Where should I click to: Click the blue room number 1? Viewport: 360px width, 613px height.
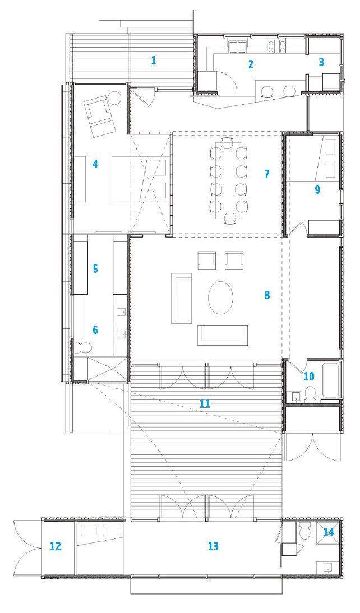click(154, 60)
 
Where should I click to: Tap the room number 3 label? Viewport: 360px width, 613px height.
click(321, 62)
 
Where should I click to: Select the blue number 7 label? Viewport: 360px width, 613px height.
click(267, 174)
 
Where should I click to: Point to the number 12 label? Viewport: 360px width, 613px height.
click(56, 546)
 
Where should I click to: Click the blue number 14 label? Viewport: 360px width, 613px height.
click(329, 532)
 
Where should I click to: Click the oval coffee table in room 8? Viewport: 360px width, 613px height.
click(221, 297)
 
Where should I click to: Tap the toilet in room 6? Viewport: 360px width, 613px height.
click(83, 347)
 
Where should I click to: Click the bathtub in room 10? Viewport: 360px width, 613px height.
click(330, 381)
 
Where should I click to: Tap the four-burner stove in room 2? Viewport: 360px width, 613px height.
click(276, 47)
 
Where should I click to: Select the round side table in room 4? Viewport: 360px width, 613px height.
click(116, 97)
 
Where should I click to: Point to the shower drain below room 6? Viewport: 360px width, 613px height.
click(113, 368)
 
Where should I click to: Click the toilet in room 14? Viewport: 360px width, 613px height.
click(304, 530)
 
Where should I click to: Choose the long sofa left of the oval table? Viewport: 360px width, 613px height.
click(181, 298)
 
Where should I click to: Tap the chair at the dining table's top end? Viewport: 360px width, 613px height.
click(227, 142)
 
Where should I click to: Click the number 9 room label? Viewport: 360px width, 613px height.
click(317, 189)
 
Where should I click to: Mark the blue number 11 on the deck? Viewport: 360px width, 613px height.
click(205, 403)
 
